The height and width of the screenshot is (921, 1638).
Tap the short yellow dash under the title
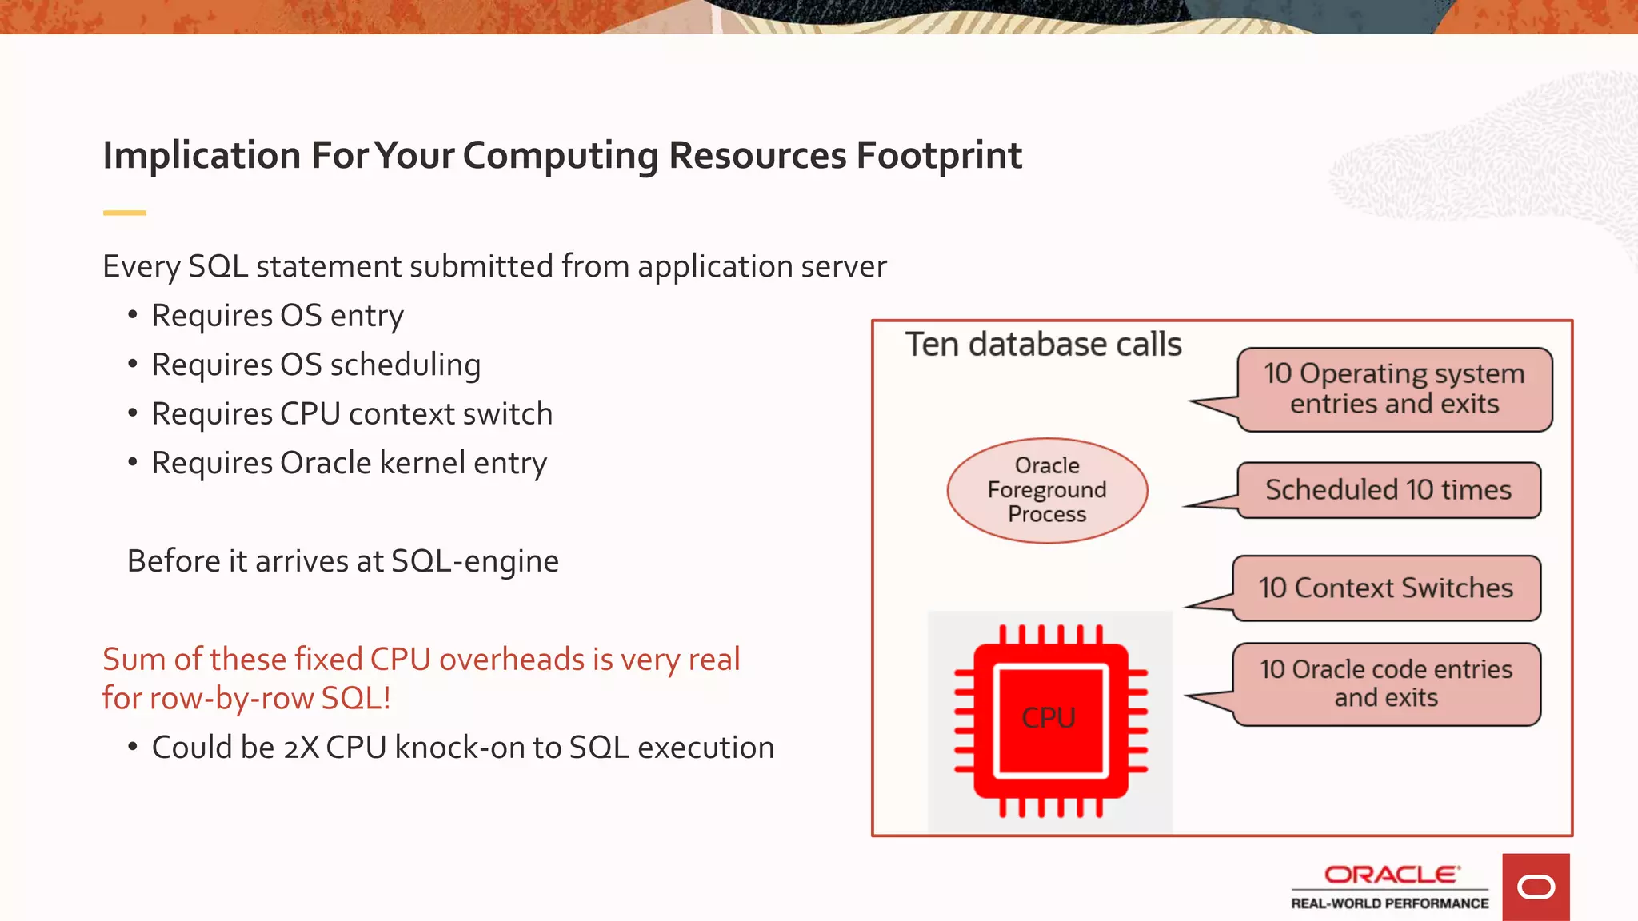point(124,213)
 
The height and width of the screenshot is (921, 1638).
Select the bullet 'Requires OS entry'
point(277,316)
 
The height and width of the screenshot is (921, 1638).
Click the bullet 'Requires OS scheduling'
point(316,365)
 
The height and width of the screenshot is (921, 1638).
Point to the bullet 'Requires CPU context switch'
point(352,414)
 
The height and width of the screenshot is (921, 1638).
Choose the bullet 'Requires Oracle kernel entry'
point(349,463)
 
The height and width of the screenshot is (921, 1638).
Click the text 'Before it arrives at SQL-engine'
point(342,561)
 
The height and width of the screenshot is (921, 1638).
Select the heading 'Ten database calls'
point(1043,345)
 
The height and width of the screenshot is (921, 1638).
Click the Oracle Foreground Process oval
point(1047,490)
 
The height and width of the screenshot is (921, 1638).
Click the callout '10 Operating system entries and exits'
point(1394,389)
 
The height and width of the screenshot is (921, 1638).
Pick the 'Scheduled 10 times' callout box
point(1388,490)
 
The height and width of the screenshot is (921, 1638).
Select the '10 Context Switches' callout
point(1385,588)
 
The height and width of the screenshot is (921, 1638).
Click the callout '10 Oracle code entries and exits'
point(1385,684)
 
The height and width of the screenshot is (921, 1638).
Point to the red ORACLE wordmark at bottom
point(1391,875)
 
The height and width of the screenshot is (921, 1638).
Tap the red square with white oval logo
point(1536,887)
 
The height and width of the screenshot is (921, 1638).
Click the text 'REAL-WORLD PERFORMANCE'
point(1389,903)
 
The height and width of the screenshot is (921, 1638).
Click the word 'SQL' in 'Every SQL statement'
point(218,267)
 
